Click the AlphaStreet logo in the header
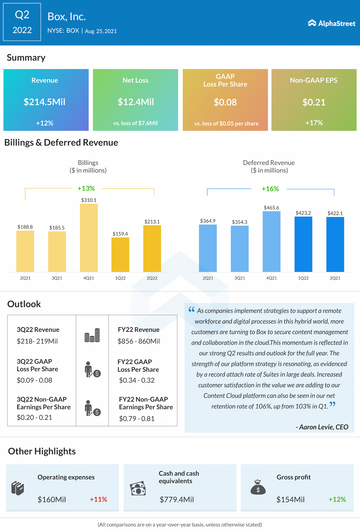(332, 23)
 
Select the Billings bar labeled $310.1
(89, 238)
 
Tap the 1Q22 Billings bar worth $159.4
(120, 255)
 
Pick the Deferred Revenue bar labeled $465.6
(271, 241)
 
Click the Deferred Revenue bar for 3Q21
(240, 249)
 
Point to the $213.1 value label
(152, 222)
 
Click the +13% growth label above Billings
(86, 189)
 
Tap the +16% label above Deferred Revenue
(270, 189)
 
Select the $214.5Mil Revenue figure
(44, 102)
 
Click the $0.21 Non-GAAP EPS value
(314, 102)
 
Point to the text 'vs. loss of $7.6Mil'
(135, 123)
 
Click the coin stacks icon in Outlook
(92, 335)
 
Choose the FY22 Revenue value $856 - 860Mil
(139, 341)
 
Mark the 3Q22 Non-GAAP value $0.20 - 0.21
(35, 417)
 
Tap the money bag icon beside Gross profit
(258, 487)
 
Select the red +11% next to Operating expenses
(98, 499)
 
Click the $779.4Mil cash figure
(177, 499)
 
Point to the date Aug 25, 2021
(101, 31)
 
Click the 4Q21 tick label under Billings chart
(89, 278)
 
